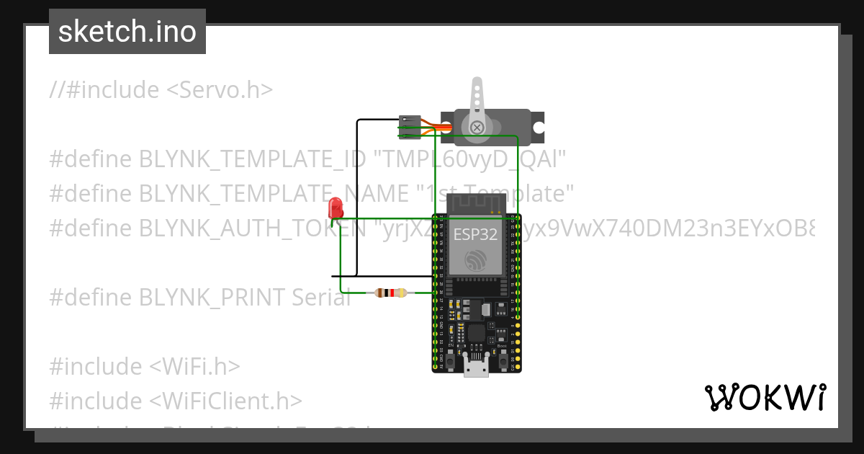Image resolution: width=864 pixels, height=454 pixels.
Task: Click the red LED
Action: [336, 208]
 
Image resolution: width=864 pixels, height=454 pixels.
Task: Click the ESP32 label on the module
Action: [475, 235]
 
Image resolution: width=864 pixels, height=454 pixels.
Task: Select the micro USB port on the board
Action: [475, 368]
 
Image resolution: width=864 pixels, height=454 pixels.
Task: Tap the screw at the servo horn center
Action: [477, 128]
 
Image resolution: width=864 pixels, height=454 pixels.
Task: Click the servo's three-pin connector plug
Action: [410, 126]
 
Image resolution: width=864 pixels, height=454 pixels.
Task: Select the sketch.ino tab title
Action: [127, 32]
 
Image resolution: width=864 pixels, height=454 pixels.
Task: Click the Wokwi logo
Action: [765, 398]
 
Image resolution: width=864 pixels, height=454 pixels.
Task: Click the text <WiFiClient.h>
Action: [225, 401]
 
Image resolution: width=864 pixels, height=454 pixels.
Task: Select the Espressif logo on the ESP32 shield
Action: [475, 261]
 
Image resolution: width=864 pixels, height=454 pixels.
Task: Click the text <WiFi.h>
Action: [194, 366]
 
